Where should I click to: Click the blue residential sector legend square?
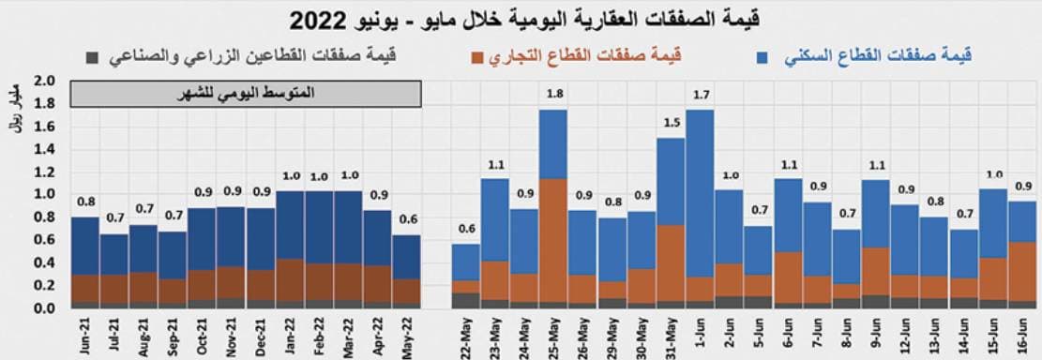(763, 57)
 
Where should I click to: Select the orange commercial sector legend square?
(478, 57)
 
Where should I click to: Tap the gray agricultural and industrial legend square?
(91, 57)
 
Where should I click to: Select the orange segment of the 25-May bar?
(553, 240)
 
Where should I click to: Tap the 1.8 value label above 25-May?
(553, 95)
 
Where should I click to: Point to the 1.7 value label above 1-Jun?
(700, 95)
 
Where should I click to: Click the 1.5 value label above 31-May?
(671, 123)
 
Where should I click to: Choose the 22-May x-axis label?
(466, 333)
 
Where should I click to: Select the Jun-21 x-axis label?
(85, 333)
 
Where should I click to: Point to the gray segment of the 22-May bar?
(466, 300)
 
